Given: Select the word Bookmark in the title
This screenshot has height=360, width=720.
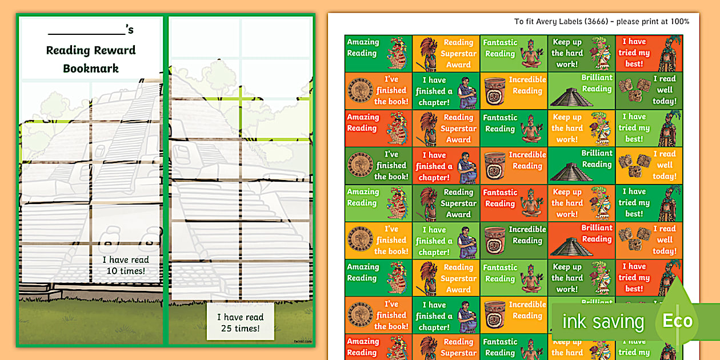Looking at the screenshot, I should point(91,69).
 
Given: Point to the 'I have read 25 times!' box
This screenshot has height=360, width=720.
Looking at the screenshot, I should point(240,323).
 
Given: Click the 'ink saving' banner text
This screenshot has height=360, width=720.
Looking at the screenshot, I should point(603,322).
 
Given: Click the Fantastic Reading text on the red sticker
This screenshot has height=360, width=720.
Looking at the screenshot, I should point(500,198).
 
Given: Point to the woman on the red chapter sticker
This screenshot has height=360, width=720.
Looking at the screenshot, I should point(466,166).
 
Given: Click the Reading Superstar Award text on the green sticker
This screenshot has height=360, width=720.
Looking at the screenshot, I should point(458,203).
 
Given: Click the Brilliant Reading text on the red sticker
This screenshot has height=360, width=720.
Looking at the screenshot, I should point(597,233).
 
